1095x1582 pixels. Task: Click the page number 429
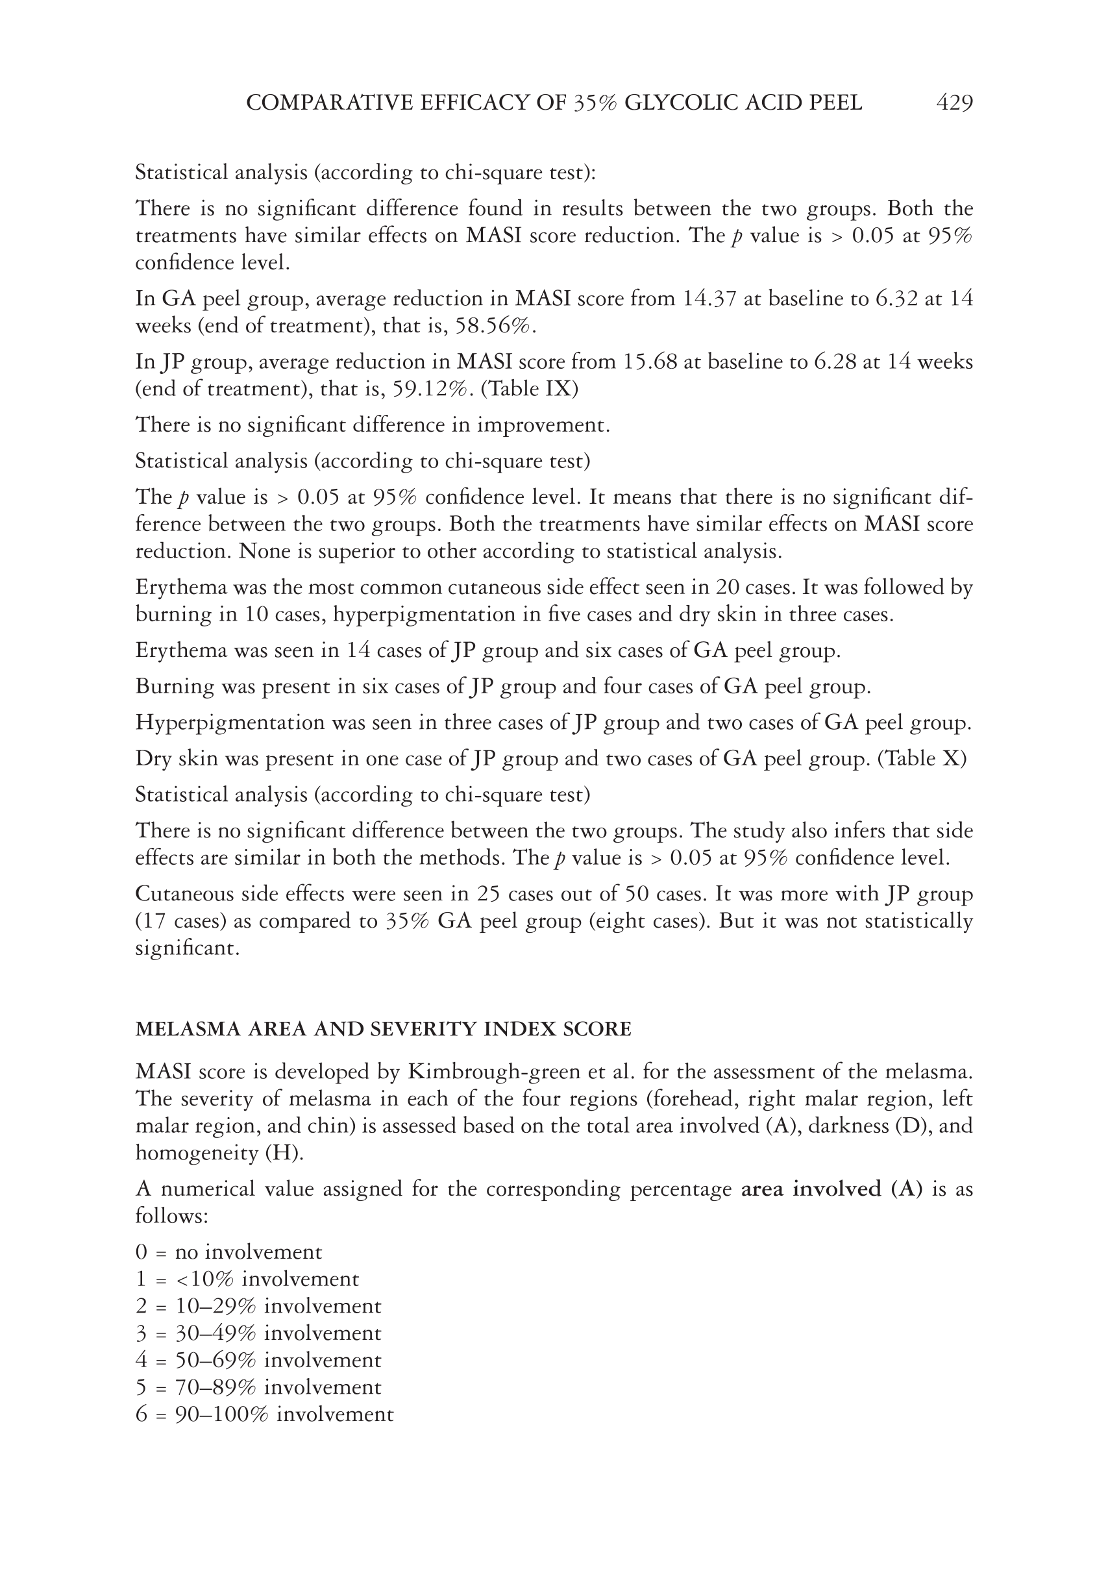click(954, 103)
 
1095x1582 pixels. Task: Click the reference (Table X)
click(922, 759)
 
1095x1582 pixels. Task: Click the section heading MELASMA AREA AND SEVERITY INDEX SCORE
click(383, 1029)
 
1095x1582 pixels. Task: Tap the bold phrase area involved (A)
click(831, 1189)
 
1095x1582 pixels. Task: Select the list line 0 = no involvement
click(228, 1252)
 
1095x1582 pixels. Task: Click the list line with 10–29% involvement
click(258, 1306)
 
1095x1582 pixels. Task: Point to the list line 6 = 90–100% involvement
click(264, 1415)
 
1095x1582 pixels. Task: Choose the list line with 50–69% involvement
click(258, 1361)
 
